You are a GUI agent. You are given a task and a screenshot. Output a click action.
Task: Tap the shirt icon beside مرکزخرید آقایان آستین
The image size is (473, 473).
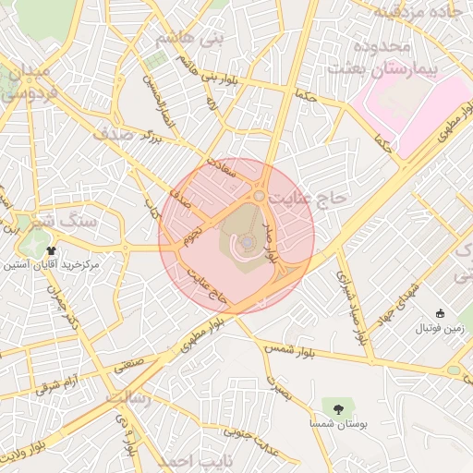pos(50,249)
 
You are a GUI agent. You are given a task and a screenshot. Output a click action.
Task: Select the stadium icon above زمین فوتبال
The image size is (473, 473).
pos(439,313)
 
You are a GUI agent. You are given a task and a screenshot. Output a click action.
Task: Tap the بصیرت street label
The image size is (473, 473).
pos(276,389)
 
